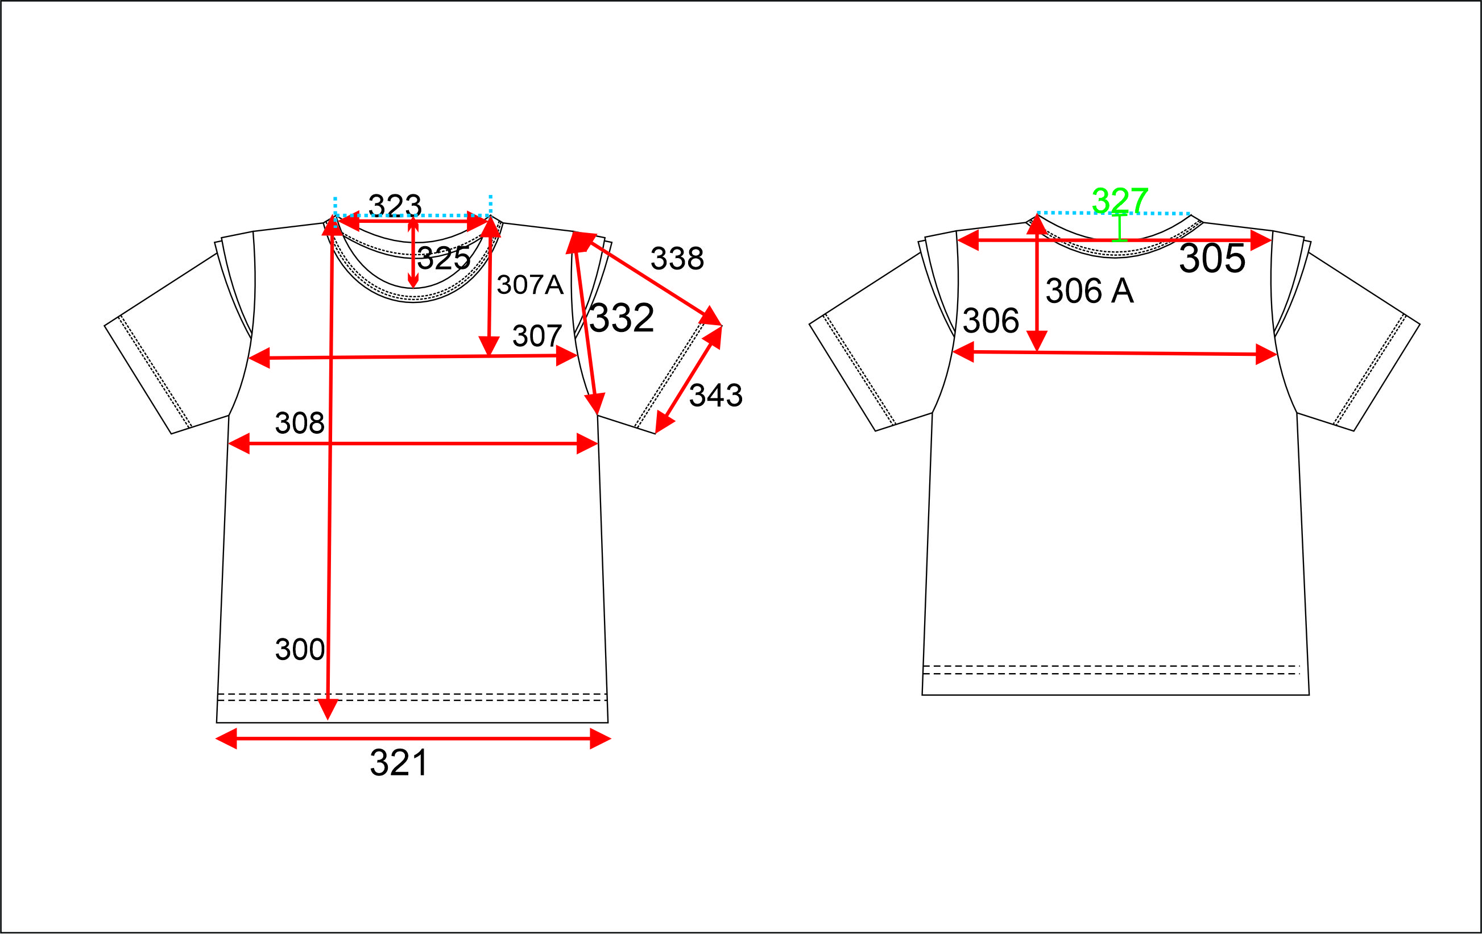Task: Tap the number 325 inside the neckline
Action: [x=444, y=259]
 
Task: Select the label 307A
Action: [x=530, y=285]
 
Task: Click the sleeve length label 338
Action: [x=677, y=259]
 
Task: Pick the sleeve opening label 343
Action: [x=716, y=395]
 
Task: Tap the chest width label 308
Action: [x=300, y=424]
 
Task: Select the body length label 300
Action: [x=300, y=649]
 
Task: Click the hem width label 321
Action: [x=399, y=763]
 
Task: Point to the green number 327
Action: [x=1120, y=200]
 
